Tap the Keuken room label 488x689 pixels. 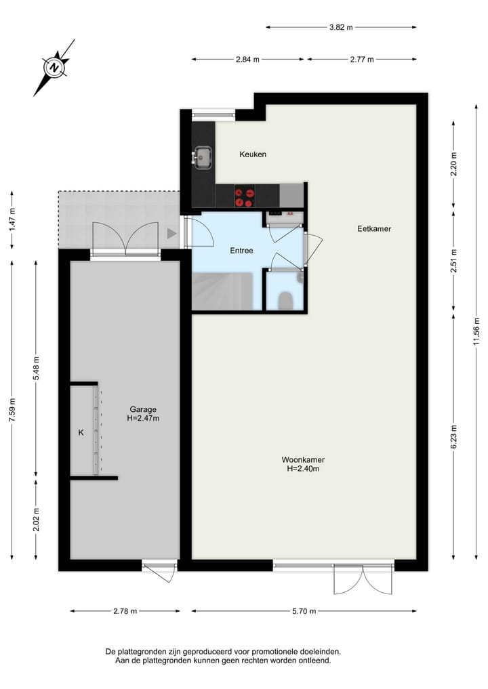tap(253, 154)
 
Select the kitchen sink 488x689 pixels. tap(202, 157)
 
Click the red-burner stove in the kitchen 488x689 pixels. tap(245, 196)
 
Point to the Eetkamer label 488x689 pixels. tap(374, 229)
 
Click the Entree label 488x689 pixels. tap(241, 251)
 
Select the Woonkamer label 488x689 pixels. tap(303, 460)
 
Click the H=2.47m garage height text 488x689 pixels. tap(143, 419)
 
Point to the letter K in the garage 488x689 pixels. tap(81, 433)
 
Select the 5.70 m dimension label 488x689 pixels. tap(304, 611)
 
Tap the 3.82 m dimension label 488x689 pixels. tap(341, 28)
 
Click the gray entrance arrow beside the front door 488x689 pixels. tap(171, 234)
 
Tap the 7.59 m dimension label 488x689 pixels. tap(12, 410)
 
